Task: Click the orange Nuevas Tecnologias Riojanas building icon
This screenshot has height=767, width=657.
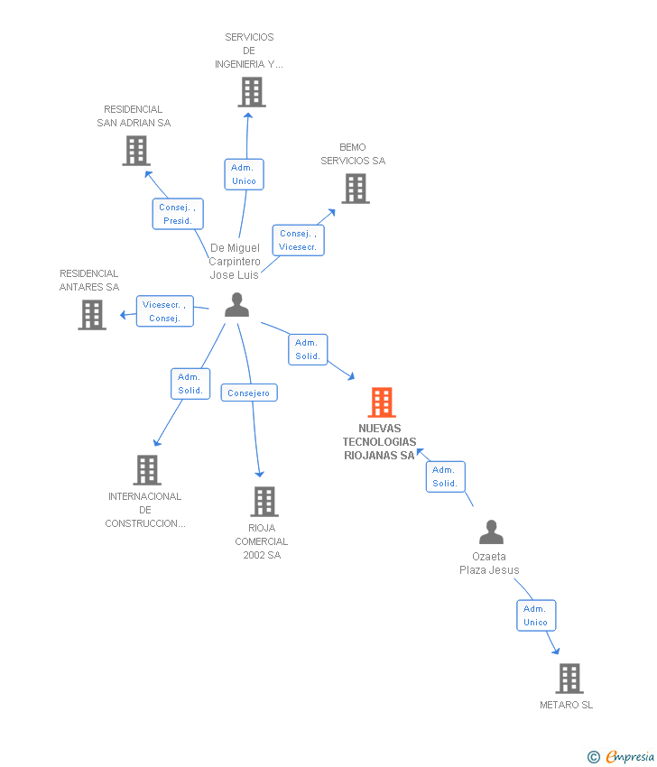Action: click(382, 402)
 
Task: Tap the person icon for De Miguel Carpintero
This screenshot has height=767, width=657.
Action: click(236, 305)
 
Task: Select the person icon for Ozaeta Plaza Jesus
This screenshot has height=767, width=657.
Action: click(491, 532)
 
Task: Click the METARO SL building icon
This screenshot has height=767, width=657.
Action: click(569, 679)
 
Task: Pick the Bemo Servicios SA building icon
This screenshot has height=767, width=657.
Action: click(356, 189)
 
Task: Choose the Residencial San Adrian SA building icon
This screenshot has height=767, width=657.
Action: click(136, 151)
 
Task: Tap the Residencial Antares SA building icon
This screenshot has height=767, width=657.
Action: click(92, 315)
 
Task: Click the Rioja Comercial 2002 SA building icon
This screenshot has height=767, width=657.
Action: click(264, 502)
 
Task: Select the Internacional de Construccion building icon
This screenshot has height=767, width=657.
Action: click(147, 470)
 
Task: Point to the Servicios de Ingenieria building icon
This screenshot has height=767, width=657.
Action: click(252, 92)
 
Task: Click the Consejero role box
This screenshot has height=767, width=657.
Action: click(249, 393)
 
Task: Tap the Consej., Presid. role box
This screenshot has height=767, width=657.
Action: click(178, 214)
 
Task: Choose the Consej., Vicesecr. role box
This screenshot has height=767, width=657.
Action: click(298, 240)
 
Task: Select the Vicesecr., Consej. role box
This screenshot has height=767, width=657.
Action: click(165, 311)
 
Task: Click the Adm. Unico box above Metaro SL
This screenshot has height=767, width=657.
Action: click(535, 615)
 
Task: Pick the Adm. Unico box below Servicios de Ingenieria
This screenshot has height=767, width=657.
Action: click(244, 174)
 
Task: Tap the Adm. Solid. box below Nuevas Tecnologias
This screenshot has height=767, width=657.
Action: click(445, 476)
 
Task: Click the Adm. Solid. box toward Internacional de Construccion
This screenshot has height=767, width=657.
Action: click(190, 383)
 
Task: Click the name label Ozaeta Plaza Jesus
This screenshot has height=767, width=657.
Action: click(489, 563)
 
